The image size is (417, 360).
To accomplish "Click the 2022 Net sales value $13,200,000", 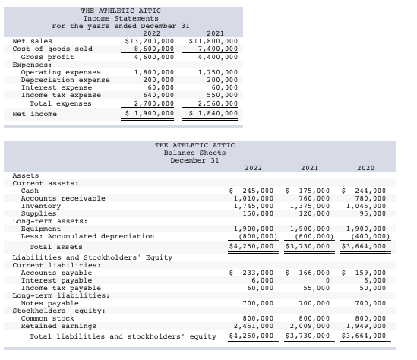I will tap(149, 41).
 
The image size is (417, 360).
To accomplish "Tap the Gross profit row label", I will tap(47, 56).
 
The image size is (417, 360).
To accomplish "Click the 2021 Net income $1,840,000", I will tap(213, 113).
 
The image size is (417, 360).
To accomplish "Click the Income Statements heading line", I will tap(121, 17).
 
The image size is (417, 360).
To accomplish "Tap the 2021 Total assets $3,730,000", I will tap(308, 246).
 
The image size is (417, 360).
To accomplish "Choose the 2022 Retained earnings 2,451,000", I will tap(251, 326).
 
